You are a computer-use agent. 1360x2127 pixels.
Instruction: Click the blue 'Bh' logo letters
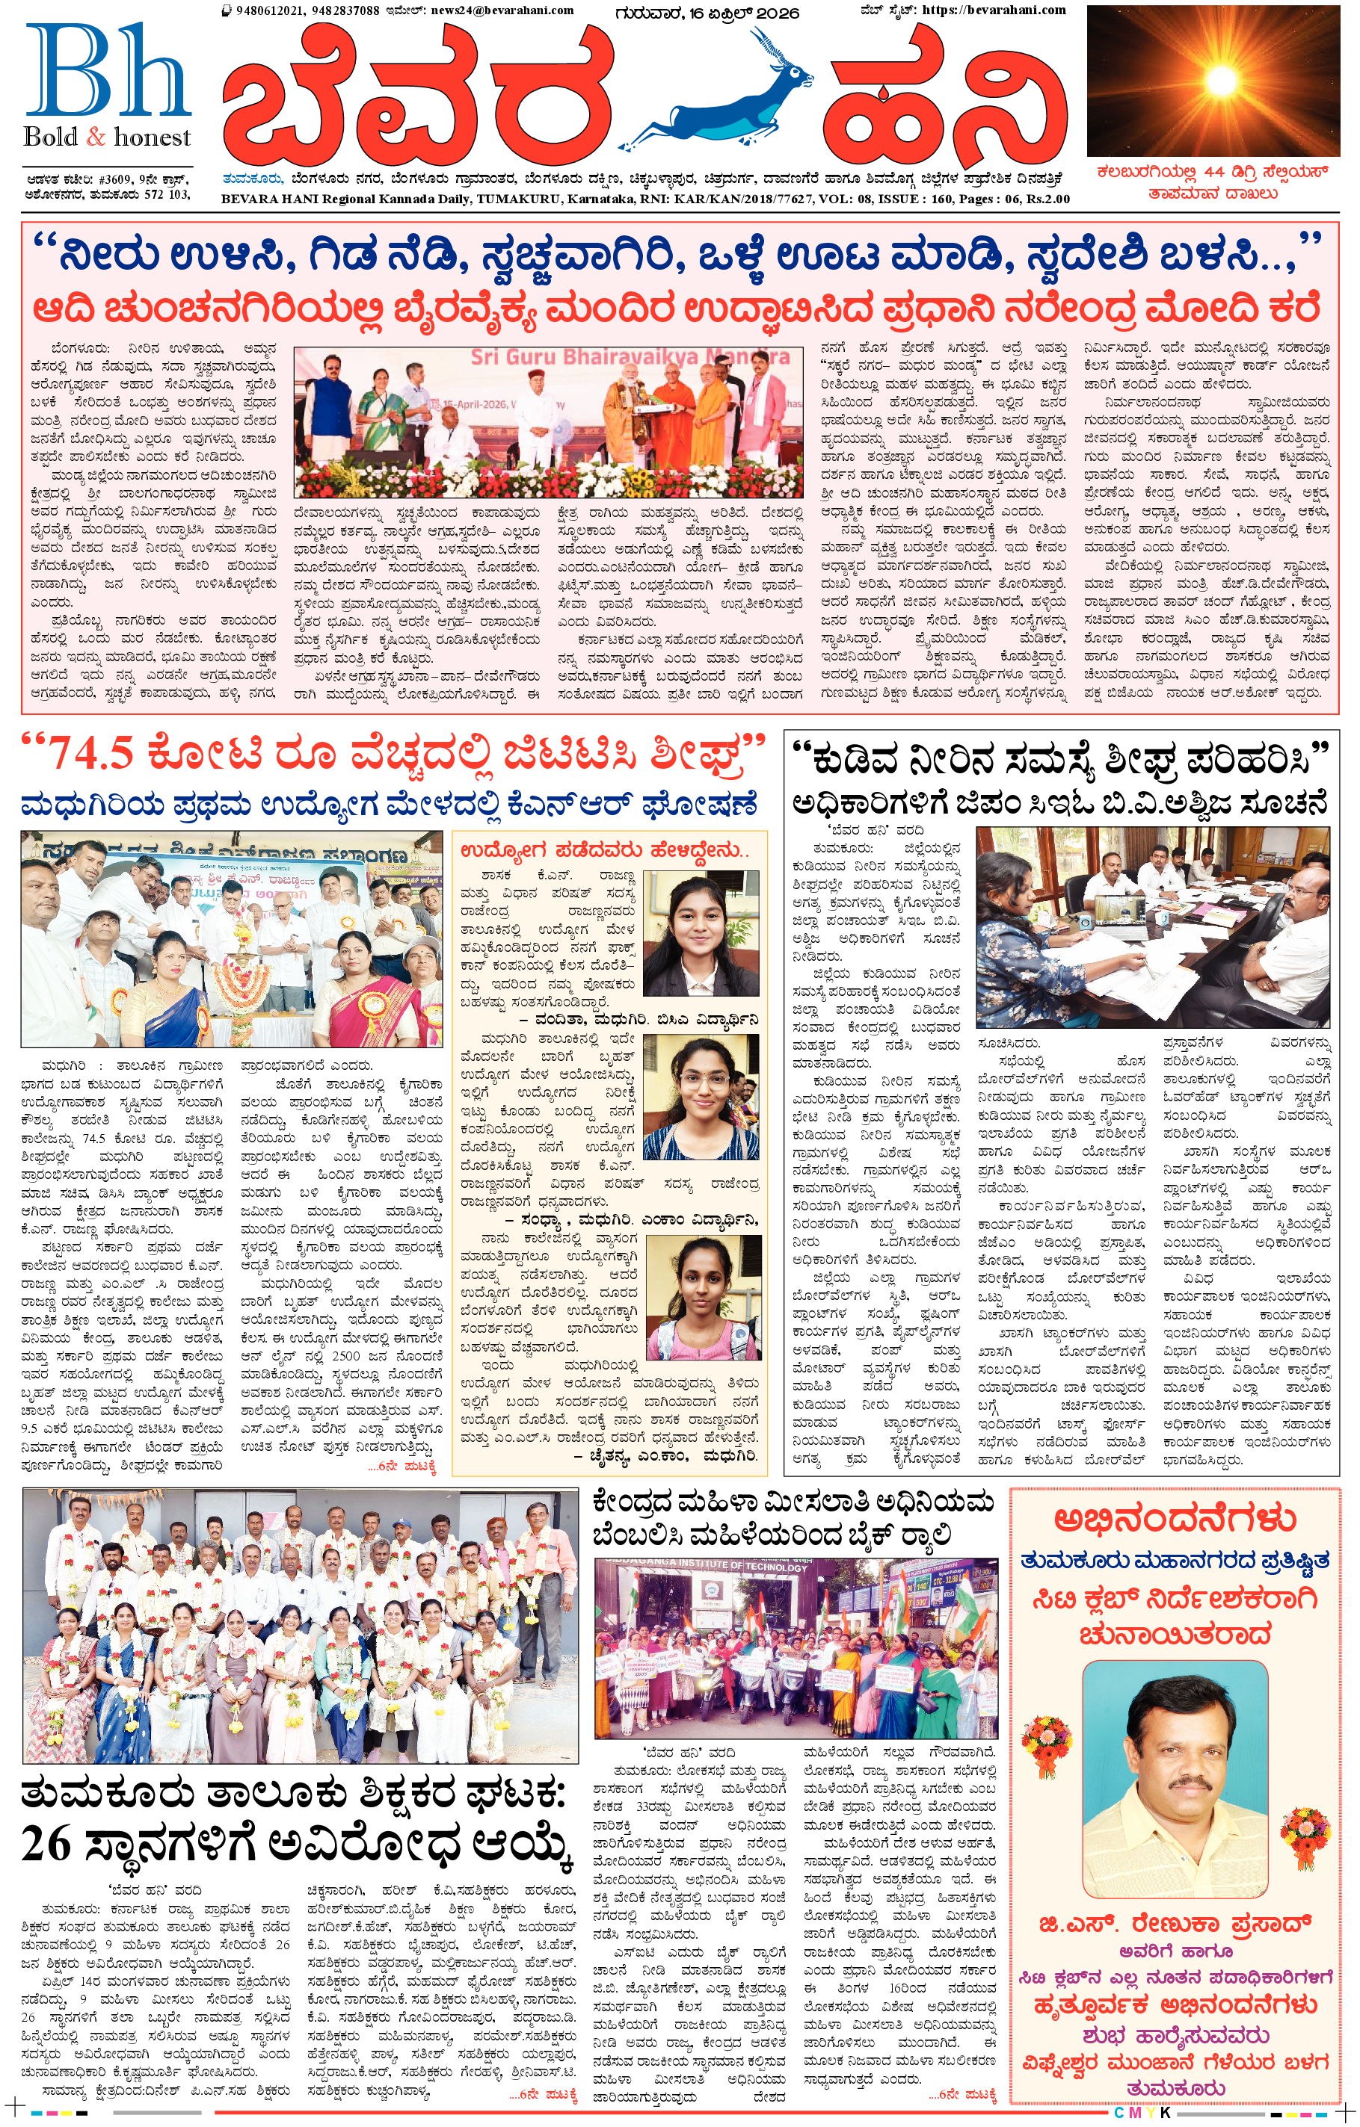pyautogui.click(x=108, y=72)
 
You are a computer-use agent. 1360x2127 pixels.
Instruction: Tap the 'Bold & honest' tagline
pyautogui.click(x=107, y=137)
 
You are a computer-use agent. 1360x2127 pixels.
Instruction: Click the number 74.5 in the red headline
pyautogui.click(x=90, y=754)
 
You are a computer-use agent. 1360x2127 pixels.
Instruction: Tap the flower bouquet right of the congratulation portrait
pyautogui.click(x=1305, y=1836)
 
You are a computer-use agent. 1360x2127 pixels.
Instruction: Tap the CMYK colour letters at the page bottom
pyautogui.click(x=1141, y=2111)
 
